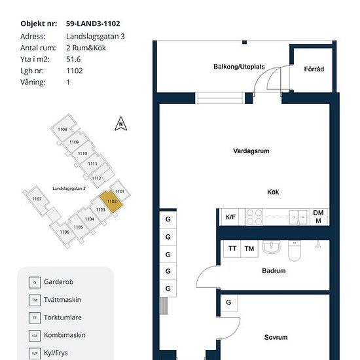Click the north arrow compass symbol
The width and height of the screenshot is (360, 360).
pos(121,124)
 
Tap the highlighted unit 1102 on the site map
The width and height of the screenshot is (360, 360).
pos(111,201)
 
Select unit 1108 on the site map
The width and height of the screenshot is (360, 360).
pos(62,128)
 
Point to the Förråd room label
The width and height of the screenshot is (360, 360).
pos(314,69)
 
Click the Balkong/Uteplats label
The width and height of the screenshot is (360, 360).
pos(239,67)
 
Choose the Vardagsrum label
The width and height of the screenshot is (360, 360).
pos(251,151)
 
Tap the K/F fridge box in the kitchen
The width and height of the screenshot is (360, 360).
pos(230,217)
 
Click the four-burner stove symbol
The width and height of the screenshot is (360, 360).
pos(254,217)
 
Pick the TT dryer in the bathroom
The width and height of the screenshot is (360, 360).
pos(232,249)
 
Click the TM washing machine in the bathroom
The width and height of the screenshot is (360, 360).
pos(249,249)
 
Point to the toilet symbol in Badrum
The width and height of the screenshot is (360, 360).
pos(294,251)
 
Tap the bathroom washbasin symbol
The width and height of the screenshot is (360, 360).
pos(272,247)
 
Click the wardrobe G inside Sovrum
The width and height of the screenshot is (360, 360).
pos(228,303)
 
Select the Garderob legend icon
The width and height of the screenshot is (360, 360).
pos(35,282)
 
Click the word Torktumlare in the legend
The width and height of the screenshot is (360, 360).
pos(63,317)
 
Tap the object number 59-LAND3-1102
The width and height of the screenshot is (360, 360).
pos(93,24)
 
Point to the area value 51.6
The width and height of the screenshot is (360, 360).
pos(73,59)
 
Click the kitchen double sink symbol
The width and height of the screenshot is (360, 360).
pos(298,217)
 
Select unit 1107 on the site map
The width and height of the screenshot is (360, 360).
pos(37,199)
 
